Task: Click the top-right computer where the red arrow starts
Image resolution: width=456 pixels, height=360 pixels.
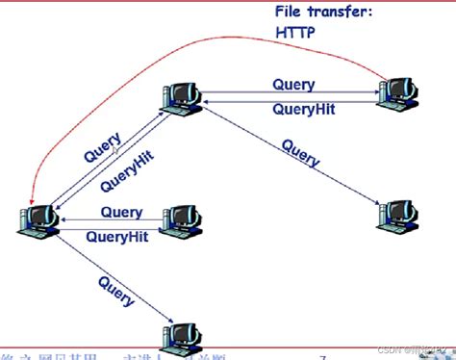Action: click(x=397, y=90)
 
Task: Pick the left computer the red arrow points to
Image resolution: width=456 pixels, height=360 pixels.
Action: click(x=38, y=219)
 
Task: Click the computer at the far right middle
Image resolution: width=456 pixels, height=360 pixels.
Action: click(x=397, y=216)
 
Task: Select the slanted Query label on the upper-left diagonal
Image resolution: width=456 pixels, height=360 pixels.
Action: click(x=103, y=144)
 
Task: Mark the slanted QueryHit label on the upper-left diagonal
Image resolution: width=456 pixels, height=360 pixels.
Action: click(x=126, y=170)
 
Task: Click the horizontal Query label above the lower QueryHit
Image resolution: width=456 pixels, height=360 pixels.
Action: click(x=121, y=212)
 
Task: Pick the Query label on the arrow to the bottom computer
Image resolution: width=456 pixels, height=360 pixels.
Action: click(x=115, y=290)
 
